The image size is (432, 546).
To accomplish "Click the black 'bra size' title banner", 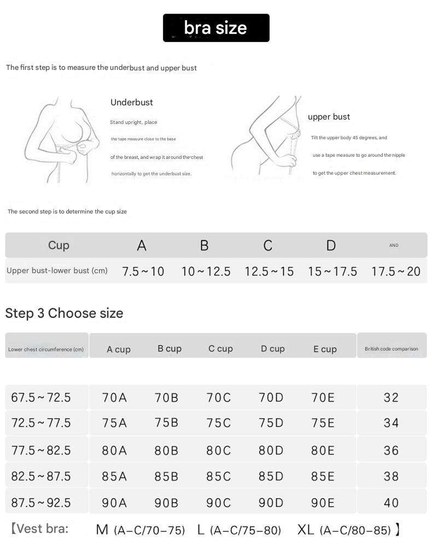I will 216,28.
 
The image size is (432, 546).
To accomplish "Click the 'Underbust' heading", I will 132,102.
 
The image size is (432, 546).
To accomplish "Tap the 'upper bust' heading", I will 329,117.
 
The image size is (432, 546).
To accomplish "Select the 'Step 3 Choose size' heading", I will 64,313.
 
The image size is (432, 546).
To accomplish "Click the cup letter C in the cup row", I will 267,246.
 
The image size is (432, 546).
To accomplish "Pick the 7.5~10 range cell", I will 143,271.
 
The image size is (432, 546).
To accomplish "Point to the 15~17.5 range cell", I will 332,271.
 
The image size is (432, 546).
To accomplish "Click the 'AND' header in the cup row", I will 394,246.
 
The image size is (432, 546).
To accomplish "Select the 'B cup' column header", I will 170,348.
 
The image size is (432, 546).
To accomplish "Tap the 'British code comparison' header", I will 392,349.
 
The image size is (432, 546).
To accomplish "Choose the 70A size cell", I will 114,397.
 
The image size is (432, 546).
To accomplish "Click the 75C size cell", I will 219,423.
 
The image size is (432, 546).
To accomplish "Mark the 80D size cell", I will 271,450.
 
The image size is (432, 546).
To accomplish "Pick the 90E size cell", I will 323,502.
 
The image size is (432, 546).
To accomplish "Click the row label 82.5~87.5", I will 41,476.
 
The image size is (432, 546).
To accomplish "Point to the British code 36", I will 392,450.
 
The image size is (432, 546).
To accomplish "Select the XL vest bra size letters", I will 306,529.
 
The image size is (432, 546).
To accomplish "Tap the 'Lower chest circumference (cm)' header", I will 46,349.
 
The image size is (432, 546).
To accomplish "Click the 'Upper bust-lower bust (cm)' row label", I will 57,271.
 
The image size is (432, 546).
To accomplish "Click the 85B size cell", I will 166,476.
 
